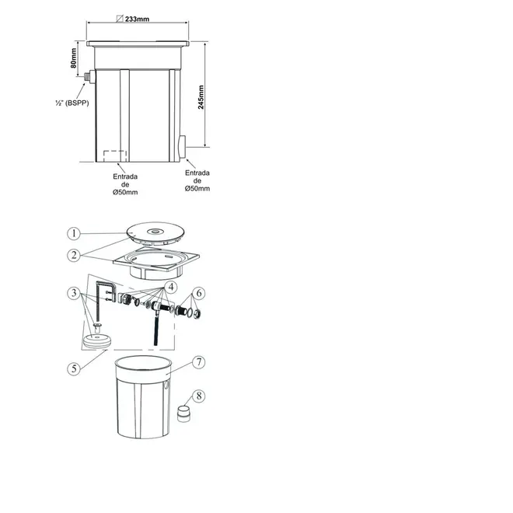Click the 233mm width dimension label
tap(137, 19)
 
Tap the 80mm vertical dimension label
tap(74, 58)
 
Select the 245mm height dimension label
tap(201, 97)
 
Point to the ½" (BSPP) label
tap(72, 103)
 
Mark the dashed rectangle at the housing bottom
tap(115, 156)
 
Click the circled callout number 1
tap(74, 233)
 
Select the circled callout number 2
tap(74, 255)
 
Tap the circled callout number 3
tap(74, 292)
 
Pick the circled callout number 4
tap(171, 287)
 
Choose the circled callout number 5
tap(74, 368)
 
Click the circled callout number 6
tap(199, 293)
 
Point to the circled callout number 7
tap(198, 362)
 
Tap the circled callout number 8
tap(198, 396)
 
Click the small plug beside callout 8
tap(183, 414)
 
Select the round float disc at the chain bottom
tap(97, 340)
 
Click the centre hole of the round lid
tap(154, 232)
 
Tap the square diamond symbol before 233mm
tap(120, 19)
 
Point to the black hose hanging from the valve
tap(156, 330)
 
